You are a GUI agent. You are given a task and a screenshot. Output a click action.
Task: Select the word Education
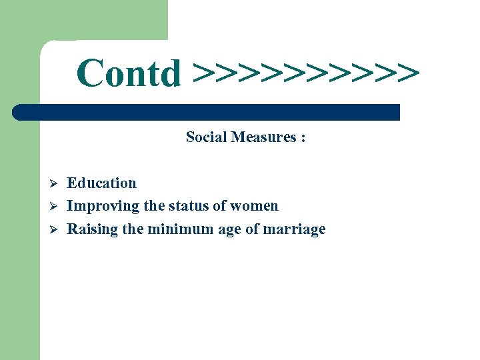(x=101, y=183)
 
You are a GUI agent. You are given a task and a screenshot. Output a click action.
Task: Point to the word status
(x=189, y=206)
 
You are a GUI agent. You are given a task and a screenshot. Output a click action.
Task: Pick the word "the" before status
(x=155, y=206)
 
